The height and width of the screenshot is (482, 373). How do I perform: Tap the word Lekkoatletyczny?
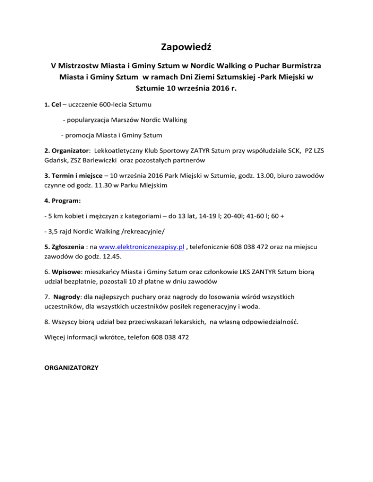(x=122, y=151)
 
